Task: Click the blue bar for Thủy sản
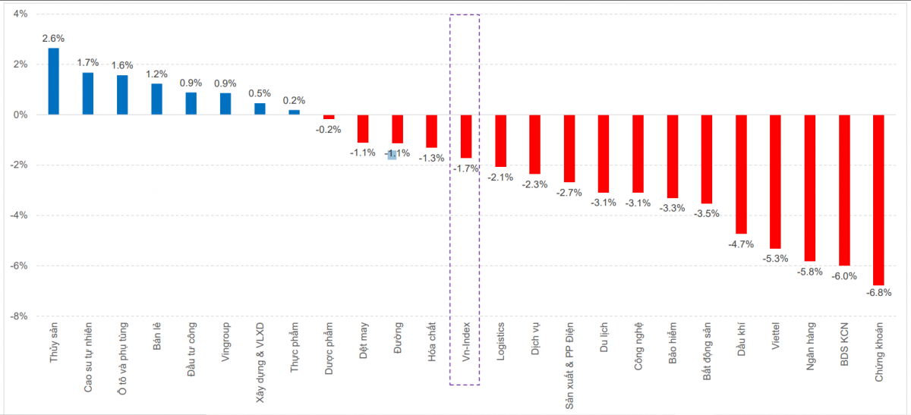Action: tap(53, 81)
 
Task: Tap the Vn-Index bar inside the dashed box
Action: tap(465, 137)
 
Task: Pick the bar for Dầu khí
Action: tap(741, 174)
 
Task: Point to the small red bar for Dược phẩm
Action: tap(329, 117)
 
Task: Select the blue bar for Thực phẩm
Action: tap(294, 112)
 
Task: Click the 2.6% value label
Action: tap(53, 39)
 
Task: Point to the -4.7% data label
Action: tap(740, 244)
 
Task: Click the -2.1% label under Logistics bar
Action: tap(500, 177)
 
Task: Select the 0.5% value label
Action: tap(260, 93)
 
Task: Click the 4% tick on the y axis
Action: tap(20, 14)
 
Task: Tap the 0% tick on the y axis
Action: tap(20, 115)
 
